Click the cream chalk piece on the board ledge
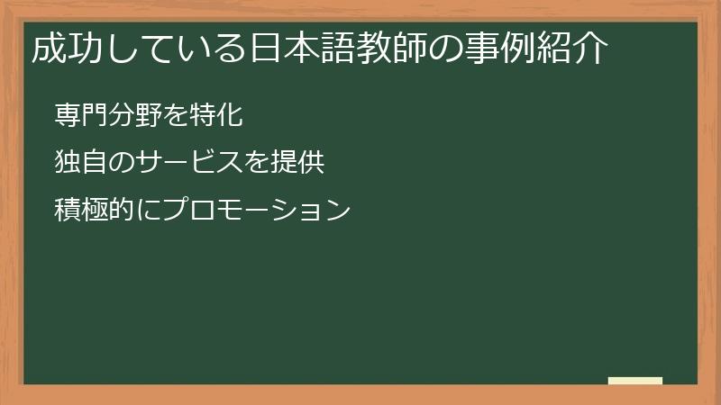tap(635, 381)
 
